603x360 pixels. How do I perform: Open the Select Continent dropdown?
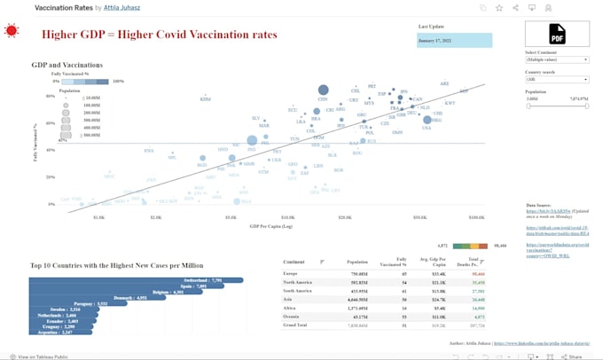pos(557,60)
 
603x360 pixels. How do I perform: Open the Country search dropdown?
pos(557,80)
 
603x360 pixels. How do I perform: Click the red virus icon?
pos(12,31)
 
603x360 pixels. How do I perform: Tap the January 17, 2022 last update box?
pos(454,41)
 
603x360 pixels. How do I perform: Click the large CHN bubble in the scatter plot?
pos(323,90)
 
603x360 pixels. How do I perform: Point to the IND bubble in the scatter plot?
pos(252,140)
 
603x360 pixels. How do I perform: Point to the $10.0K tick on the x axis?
pos(288,215)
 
